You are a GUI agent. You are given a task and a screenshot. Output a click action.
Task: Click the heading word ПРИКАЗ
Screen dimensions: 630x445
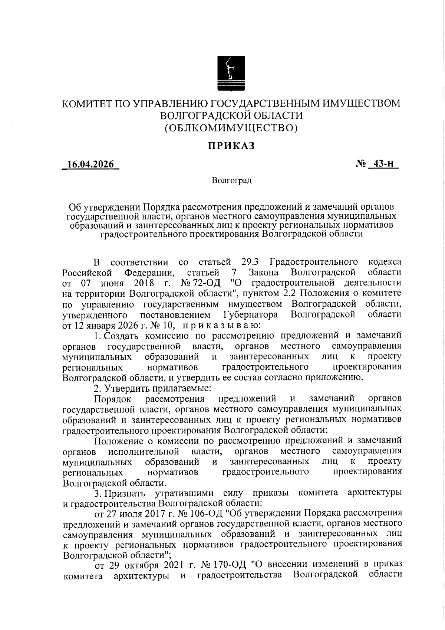[x=231, y=146]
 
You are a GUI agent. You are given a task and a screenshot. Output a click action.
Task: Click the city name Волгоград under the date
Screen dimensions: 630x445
[x=232, y=181]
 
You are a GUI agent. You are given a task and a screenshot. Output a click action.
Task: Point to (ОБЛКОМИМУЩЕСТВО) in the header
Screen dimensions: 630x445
[x=231, y=128]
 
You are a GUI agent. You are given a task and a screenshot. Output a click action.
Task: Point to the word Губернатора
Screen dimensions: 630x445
[x=251, y=315]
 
